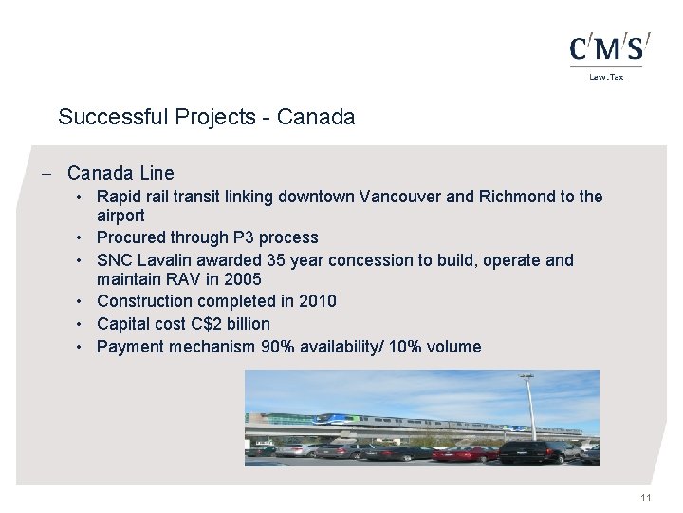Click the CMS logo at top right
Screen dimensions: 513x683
[x=609, y=47]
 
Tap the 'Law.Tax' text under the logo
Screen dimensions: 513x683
[x=607, y=77]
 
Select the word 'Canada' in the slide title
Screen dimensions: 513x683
[x=323, y=118]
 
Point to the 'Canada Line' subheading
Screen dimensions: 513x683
[x=120, y=173]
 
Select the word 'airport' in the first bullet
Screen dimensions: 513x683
[x=120, y=216]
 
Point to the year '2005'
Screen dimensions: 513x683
[x=241, y=279]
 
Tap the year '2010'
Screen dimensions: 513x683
[x=317, y=301]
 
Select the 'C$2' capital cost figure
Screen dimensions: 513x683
[x=205, y=324]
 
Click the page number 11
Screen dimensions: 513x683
[x=645, y=499]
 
